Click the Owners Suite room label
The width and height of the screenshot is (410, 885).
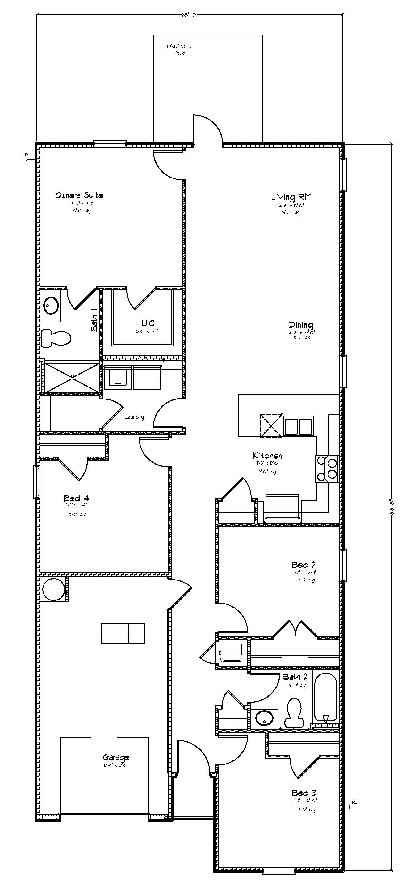pyautogui.click(x=79, y=195)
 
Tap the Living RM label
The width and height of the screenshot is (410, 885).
pyautogui.click(x=291, y=197)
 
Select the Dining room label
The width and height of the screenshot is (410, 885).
pyautogui.click(x=301, y=325)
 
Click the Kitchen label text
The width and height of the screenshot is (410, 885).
pyautogui.click(x=267, y=456)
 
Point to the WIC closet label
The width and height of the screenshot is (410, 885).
pyautogui.click(x=148, y=323)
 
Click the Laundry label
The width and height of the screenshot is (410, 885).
pyautogui.click(x=134, y=417)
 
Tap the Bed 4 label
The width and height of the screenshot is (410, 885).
pyautogui.click(x=76, y=498)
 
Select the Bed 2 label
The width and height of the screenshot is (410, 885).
pyautogui.click(x=303, y=564)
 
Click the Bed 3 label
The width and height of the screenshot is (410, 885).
pyautogui.click(x=304, y=793)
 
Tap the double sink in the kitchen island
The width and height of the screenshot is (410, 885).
pyautogui.click(x=299, y=426)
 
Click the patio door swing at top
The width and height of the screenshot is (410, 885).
pyautogui.click(x=208, y=129)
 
